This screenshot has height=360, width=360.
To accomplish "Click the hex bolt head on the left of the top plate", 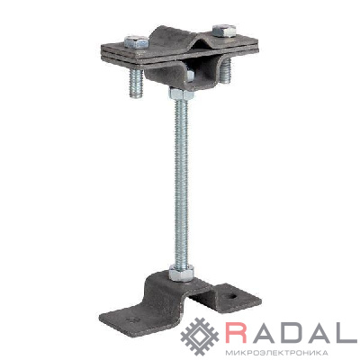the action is (136, 41).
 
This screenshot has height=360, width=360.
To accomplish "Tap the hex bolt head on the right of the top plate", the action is (224, 31).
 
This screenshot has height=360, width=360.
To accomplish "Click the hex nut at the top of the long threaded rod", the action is (182, 94).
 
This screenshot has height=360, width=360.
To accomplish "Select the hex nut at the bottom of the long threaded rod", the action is (181, 273).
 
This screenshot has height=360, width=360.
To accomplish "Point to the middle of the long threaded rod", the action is (182, 182).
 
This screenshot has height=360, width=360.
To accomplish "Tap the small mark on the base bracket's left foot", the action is (130, 319).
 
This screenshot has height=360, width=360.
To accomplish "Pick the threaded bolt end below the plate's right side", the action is (226, 70).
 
